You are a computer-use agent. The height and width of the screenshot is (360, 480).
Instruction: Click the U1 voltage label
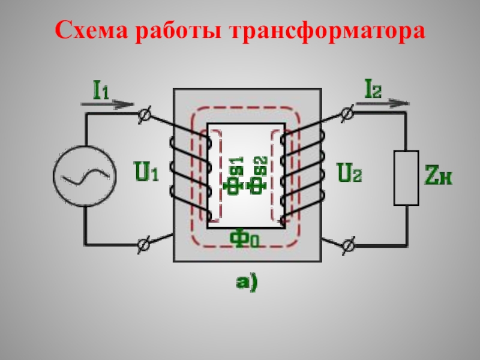[x=146, y=173]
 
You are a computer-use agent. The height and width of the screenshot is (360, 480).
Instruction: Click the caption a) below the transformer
[x=245, y=281]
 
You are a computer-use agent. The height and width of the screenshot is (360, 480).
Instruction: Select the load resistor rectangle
[x=406, y=178]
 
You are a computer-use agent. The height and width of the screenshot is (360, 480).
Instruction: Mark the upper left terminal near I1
[x=145, y=115]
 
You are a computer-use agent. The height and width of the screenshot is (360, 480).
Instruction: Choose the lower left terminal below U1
[x=144, y=244]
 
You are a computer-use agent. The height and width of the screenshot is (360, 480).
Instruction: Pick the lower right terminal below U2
[x=348, y=244]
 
